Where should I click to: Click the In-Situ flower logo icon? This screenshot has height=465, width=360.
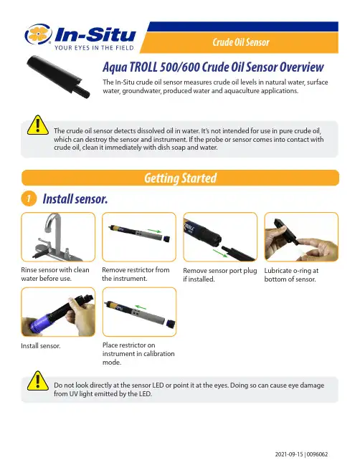click(38, 34)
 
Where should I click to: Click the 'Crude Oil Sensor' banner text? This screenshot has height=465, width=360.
click(241, 42)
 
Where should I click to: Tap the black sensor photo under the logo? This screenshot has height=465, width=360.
click(58, 76)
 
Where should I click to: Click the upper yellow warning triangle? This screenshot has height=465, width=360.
click(38, 125)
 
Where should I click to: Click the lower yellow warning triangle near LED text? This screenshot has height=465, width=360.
click(38, 380)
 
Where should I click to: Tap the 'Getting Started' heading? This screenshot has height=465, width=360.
click(181, 178)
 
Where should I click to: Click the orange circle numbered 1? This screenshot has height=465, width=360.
click(29, 198)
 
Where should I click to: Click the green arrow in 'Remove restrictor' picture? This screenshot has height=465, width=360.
click(154, 231)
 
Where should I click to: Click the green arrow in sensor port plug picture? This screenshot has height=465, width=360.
click(220, 253)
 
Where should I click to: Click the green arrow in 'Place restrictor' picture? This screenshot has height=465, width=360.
click(141, 307)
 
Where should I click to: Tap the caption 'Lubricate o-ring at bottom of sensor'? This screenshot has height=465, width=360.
click(291, 275)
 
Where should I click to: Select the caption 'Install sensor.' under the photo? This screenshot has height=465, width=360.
click(41, 346)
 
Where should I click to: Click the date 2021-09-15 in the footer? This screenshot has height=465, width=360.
click(289, 454)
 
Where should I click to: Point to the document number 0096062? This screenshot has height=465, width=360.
click(317, 454)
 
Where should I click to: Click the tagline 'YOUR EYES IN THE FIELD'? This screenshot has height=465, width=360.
click(94, 48)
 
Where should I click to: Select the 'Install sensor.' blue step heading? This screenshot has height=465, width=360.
click(75, 198)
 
